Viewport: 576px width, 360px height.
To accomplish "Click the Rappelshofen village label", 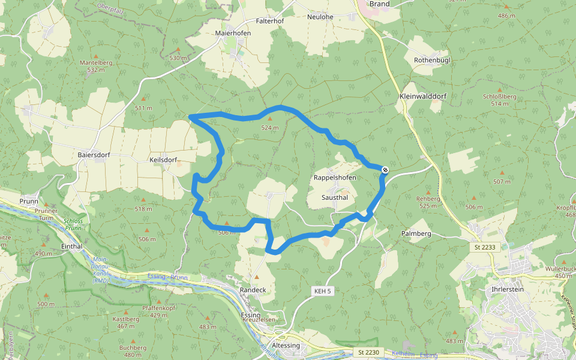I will (335, 178).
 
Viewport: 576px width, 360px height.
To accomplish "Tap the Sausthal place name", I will (334, 197).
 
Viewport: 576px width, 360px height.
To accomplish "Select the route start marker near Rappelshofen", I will (385, 170).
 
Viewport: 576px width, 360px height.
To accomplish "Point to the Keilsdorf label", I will (163, 160).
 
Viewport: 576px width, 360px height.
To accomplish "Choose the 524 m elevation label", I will (270, 128).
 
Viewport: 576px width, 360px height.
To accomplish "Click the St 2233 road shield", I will (482, 247).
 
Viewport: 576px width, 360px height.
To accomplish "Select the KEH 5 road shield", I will (322, 291).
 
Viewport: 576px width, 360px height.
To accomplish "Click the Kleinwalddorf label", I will (423, 96).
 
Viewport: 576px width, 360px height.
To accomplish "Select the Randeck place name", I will (253, 290).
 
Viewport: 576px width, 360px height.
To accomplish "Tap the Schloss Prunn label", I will (73, 224).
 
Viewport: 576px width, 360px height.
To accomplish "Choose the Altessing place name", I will (286, 346).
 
